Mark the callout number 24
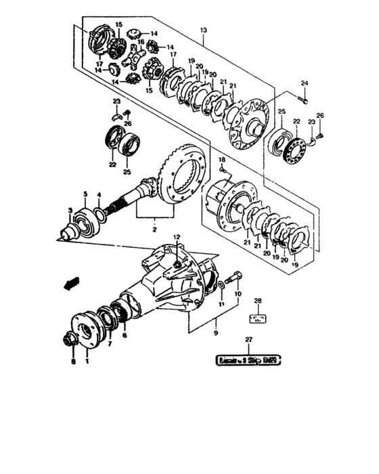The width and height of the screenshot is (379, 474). [x=304, y=83]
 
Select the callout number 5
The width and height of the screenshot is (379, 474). [x=85, y=194]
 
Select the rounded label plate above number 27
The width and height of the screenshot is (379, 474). [x=248, y=360]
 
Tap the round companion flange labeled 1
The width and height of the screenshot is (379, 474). [x=86, y=328]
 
